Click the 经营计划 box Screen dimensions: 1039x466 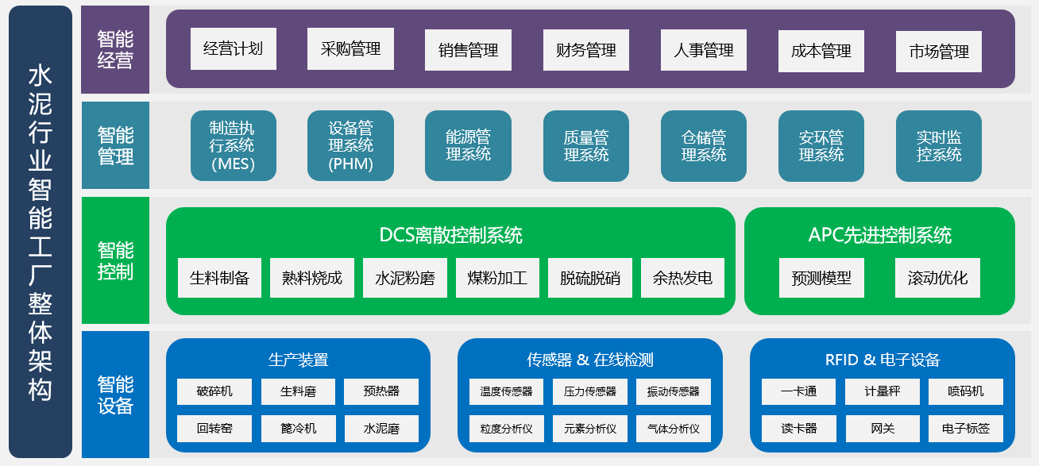[234, 48]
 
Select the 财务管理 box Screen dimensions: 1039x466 [586, 50]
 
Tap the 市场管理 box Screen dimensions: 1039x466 [938, 52]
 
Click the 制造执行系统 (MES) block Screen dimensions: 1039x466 [234, 145]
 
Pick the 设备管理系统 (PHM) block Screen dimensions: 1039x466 [350, 145]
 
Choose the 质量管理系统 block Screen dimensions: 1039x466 [586, 146]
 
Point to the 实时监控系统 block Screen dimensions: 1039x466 [938, 146]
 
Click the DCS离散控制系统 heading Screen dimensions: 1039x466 [451, 235]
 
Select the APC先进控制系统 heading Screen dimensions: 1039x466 [879, 235]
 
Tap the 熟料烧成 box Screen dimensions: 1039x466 [311, 278]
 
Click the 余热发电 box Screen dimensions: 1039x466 [682, 278]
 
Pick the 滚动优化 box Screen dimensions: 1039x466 [937, 278]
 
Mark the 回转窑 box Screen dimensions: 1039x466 [214, 429]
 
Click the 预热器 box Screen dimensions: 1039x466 [380, 391]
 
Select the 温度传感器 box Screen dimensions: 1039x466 [506, 391]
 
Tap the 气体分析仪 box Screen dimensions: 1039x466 [673, 429]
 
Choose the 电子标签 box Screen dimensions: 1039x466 [966, 429]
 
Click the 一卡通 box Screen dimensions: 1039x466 [798, 391]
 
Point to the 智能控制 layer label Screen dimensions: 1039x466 [115, 260]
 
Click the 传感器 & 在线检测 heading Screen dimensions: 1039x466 [590, 360]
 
